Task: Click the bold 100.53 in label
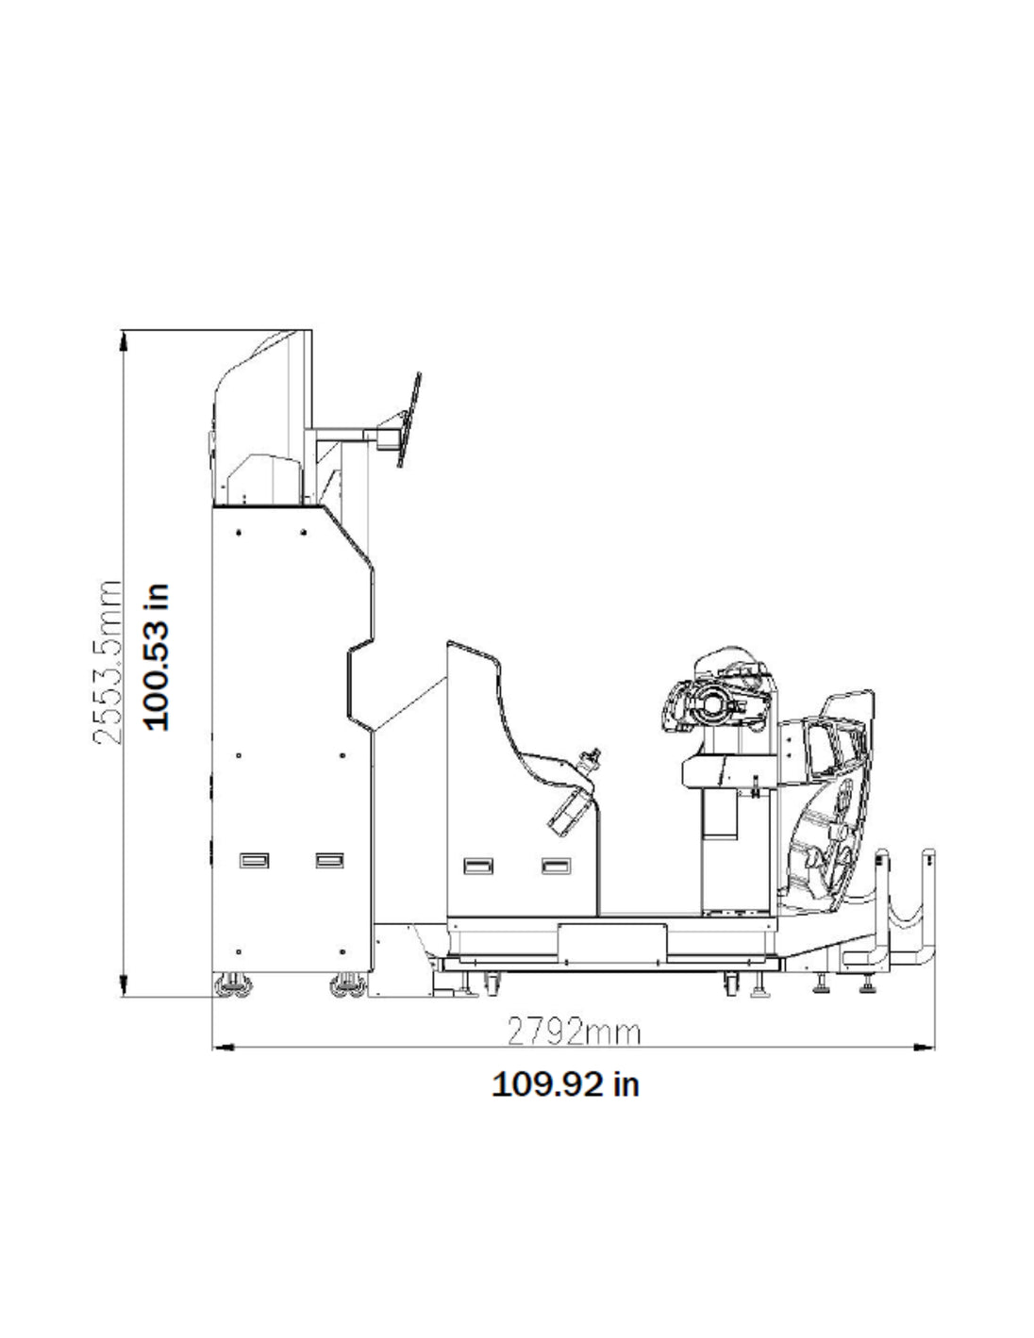coord(157,656)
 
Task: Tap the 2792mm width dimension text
coord(574,1032)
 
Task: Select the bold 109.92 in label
coord(565,1084)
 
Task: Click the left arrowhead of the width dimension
coord(223,1047)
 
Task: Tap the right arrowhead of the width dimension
coord(924,1047)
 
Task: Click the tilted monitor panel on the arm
coord(409,420)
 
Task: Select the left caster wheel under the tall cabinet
coord(233,985)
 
